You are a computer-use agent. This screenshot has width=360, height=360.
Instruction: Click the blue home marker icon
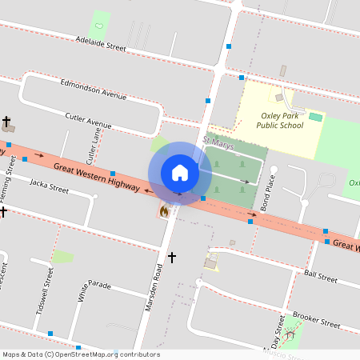[180, 173]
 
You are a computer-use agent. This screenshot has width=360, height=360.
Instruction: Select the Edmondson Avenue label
[94, 88]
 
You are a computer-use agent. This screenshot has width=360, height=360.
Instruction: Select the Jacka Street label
[49, 187]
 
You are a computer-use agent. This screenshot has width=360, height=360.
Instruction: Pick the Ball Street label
[321, 276]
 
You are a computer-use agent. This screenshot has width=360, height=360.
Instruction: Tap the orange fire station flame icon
[164, 211]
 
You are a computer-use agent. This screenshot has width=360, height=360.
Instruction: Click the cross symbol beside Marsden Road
[171, 258]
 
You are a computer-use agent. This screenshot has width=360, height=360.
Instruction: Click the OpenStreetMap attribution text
[80, 354]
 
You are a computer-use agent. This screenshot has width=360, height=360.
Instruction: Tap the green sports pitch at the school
[316, 118]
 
